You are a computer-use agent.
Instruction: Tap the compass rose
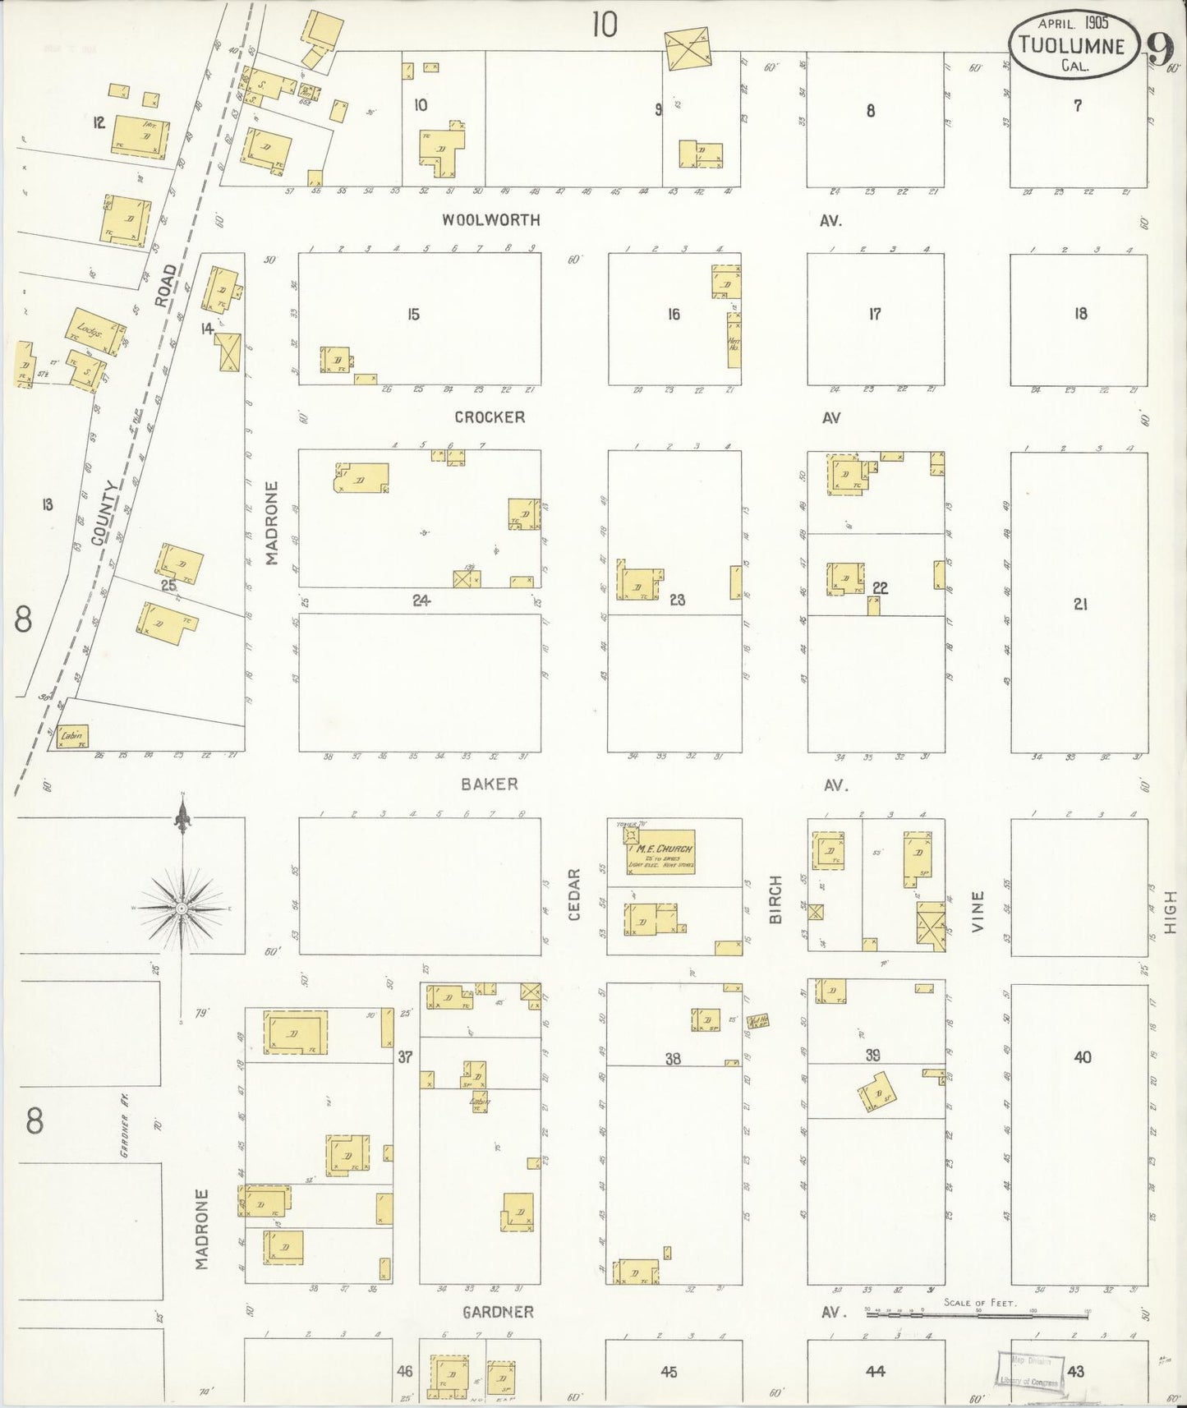[181, 907]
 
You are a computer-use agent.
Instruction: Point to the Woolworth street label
[490, 220]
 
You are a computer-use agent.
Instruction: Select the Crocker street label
[490, 417]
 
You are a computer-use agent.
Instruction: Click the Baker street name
[490, 784]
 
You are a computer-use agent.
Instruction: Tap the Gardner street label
[498, 1312]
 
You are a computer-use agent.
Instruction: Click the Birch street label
[775, 900]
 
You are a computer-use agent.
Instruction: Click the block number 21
[1080, 604]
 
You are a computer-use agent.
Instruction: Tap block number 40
[1082, 1056]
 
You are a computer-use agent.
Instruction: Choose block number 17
[875, 314]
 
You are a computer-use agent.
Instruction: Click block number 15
[413, 314]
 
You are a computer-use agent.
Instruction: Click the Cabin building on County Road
[71, 736]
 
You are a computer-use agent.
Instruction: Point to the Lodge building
[95, 332]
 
